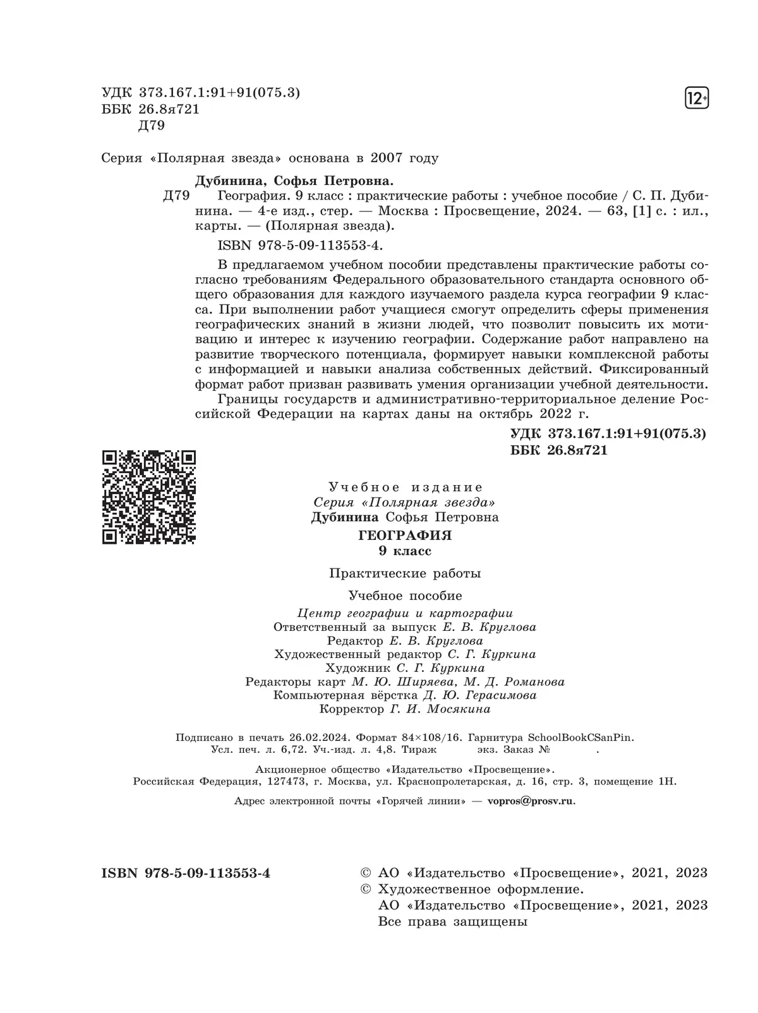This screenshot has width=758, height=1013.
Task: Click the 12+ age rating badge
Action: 697,99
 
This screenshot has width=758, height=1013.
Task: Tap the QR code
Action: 149,497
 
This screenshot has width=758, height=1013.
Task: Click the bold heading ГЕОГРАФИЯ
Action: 405,536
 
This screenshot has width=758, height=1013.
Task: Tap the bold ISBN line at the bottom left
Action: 186,873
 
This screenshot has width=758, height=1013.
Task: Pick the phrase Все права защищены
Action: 452,921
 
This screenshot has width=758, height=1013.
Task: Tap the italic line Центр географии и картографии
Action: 405,613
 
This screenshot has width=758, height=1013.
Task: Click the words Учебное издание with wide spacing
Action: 406,487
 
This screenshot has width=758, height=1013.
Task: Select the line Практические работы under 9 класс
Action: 405,573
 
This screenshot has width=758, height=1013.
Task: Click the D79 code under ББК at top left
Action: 151,125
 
